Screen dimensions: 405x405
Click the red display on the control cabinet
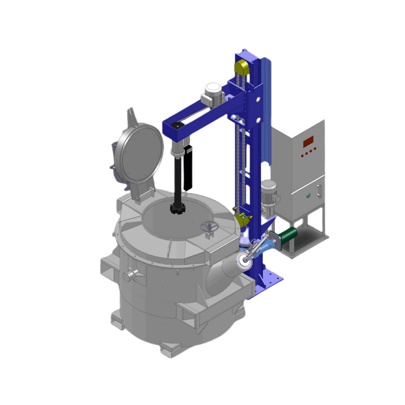tap(308, 142)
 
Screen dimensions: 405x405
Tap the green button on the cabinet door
tap(308, 195)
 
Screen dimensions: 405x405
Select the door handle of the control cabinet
tap(319, 191)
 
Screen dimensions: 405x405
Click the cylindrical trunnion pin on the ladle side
tap(130, 275)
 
